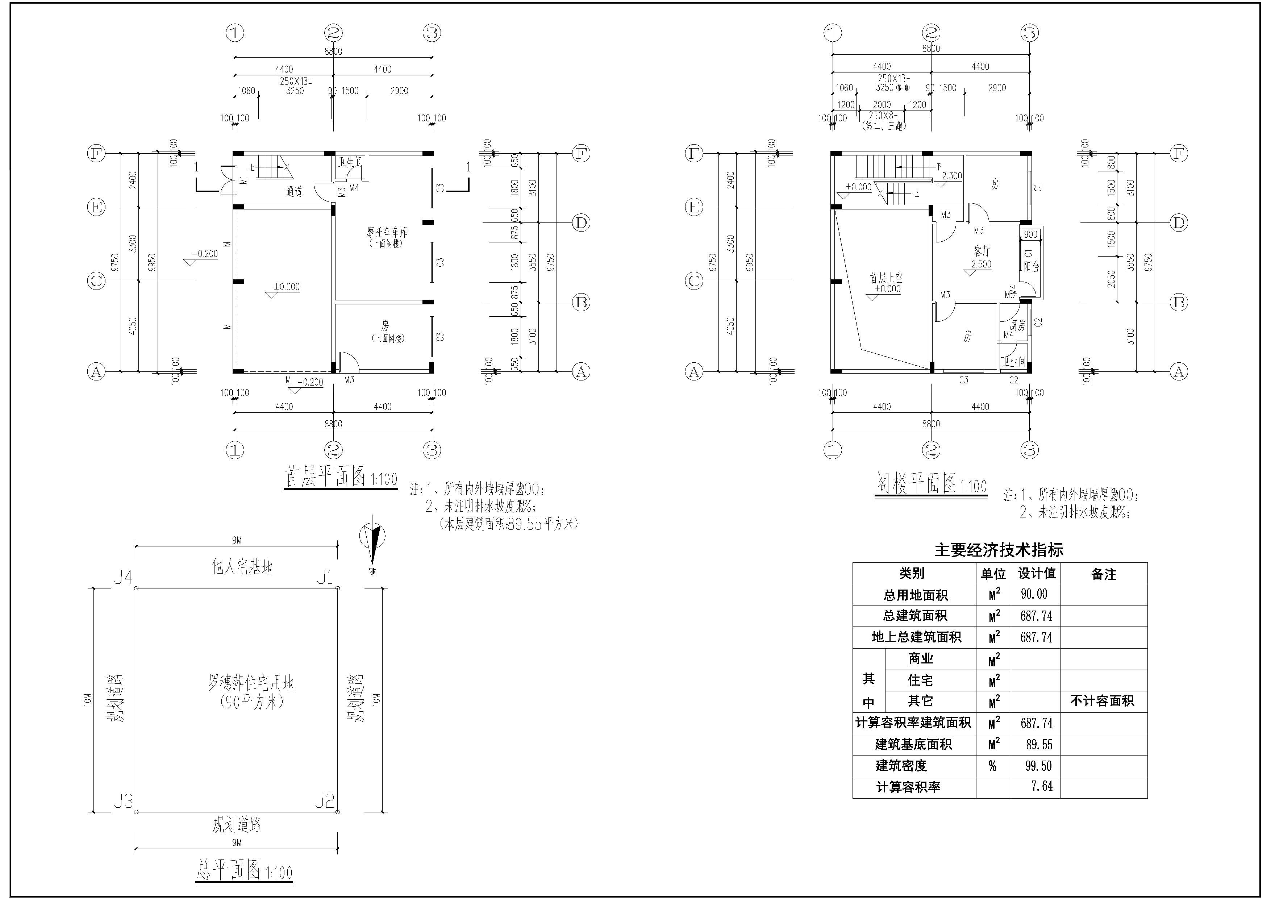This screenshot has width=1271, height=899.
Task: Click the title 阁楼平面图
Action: (x=916, y=483)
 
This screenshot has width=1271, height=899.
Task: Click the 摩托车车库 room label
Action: (x=386, y=233)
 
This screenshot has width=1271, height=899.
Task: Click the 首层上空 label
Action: (x=886, y=278)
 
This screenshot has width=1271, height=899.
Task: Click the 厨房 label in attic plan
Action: (x=1017, y=325)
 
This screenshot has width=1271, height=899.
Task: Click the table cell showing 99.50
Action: (x=1038, y=766)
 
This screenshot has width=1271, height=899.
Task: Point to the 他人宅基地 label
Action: (x=242, y=566)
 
